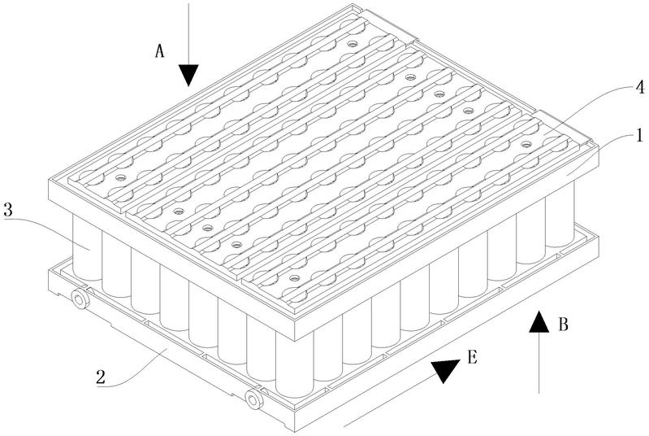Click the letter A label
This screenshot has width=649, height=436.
(x=160, y=51)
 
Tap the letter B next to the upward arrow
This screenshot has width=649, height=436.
(x=563, y=325)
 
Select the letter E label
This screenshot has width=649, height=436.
(x=473, y=357)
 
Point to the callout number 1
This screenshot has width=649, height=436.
(x=639, y=136)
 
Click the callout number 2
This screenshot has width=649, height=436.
(x=101, y=377)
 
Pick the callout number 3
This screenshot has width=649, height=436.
(x=8, y=211)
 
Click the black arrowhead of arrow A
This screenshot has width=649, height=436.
(x=188, y=76)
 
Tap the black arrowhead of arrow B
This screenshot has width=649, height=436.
(x=539, y=321)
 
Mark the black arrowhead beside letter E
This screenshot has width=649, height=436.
(x=444, y=369)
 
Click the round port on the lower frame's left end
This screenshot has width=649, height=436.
(x=80, y=299)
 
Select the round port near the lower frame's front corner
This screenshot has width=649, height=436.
(x=253, y=399)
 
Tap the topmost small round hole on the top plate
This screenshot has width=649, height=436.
(x=352, y=43)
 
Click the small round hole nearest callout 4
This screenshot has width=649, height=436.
(x=526, y=144)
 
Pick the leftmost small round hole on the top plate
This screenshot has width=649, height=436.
(x=120, y=177)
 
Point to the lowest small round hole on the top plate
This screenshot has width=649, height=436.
(x=294, y=277)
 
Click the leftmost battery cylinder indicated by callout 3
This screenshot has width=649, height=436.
(x=87, y=246)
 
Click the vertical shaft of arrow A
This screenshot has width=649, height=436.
(x=188, y=34)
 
